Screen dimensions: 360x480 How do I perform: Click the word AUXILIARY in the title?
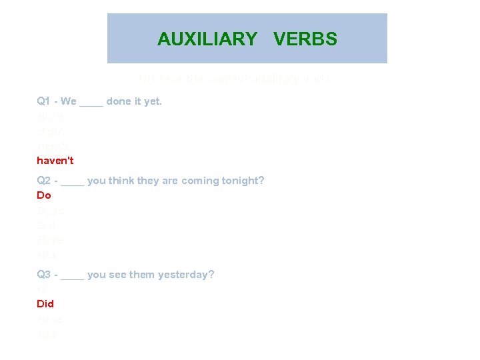click(x=207, y=39)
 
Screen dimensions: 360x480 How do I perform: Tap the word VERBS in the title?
click(x=305, y=39)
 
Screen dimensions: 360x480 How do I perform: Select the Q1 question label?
click(x=44, y=101)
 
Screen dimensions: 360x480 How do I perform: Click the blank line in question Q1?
click(x=91, y=104)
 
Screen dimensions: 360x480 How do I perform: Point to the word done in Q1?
click(x=118, y=101)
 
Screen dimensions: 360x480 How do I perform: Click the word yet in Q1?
click(x=153, y=101)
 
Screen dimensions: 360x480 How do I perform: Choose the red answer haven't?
click(x=55, y=160)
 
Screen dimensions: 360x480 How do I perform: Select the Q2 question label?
click(x=44, y=181)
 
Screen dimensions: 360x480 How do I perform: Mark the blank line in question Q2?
click(x=76, y=183)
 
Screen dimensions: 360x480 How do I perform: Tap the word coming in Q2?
click(x=204, y=181)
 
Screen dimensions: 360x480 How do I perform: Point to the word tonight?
click(x=244, y=181)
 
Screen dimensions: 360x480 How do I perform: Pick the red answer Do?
click(x=44, y=195)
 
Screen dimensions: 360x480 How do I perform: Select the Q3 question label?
click(x=44, y=274)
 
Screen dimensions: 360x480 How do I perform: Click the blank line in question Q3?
click(x=76, y=277)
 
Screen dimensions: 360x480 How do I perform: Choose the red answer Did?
click(x=45, y=303)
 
